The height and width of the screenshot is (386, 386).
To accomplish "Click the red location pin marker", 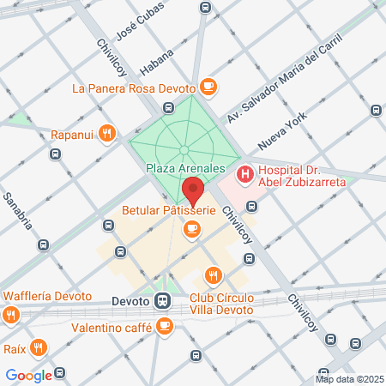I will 193,190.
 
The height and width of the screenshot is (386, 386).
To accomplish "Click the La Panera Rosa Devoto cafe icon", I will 208,87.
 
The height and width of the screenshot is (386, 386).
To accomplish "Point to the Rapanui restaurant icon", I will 106,133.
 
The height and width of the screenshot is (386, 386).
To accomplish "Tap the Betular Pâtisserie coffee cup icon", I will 192,228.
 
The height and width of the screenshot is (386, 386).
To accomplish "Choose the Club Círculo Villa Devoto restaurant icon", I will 213,275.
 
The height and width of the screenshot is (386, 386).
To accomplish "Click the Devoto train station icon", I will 163,301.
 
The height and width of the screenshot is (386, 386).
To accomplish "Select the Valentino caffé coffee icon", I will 164,325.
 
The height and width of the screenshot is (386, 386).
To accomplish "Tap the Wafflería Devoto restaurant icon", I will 11,314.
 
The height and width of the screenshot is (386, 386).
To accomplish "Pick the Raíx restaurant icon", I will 38,347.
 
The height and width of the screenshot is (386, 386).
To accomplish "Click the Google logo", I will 28,375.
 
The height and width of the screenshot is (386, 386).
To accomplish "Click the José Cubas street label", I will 139,32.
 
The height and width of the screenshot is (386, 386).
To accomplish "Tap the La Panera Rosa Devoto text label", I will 133,87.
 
